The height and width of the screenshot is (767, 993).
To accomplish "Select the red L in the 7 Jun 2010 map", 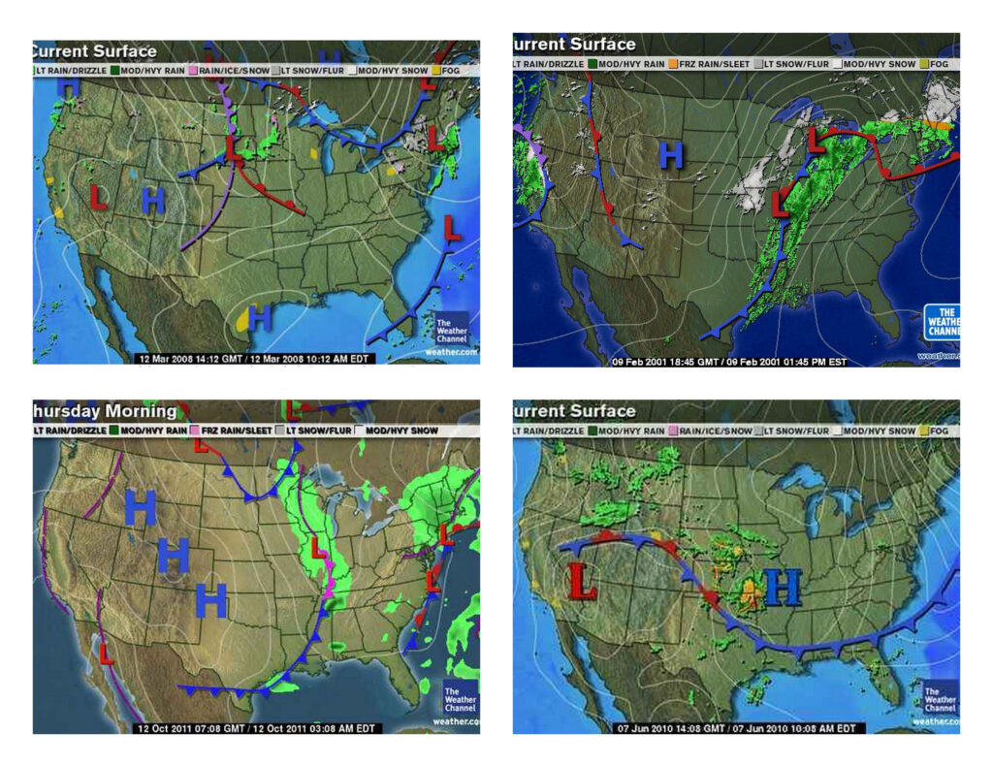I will coord(582,581).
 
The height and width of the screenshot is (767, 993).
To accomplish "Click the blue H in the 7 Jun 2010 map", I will coord(783,587).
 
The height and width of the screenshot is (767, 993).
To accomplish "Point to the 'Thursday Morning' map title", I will coord(105,410).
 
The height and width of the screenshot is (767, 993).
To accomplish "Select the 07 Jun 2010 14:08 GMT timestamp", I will coord(735,727).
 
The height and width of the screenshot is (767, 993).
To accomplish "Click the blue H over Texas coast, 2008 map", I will coord(260,317).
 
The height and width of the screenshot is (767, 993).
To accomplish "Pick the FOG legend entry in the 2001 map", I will coord(935,64).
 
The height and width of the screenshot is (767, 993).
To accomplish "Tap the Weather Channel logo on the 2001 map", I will coord(941,321).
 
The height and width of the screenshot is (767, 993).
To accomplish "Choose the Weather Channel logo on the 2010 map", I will coord(939,698).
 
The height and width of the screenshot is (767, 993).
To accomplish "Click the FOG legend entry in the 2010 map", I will coord(933,430).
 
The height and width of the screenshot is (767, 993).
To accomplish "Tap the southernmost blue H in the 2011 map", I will coord(210,600).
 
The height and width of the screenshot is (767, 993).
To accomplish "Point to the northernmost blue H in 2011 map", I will coord(141,507).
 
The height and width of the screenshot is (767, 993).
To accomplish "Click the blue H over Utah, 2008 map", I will coord(153,201).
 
